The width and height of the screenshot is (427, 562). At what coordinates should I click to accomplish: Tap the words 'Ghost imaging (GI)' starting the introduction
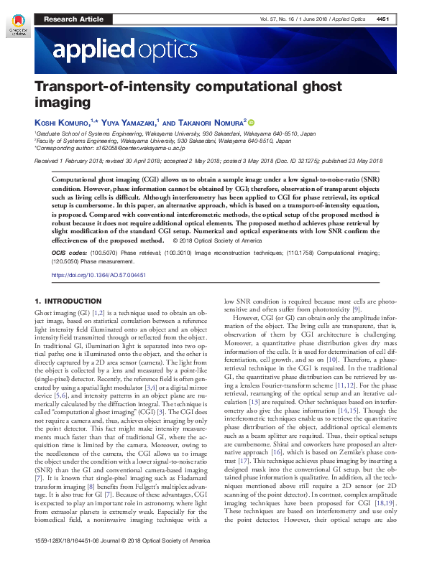[63, 315]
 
